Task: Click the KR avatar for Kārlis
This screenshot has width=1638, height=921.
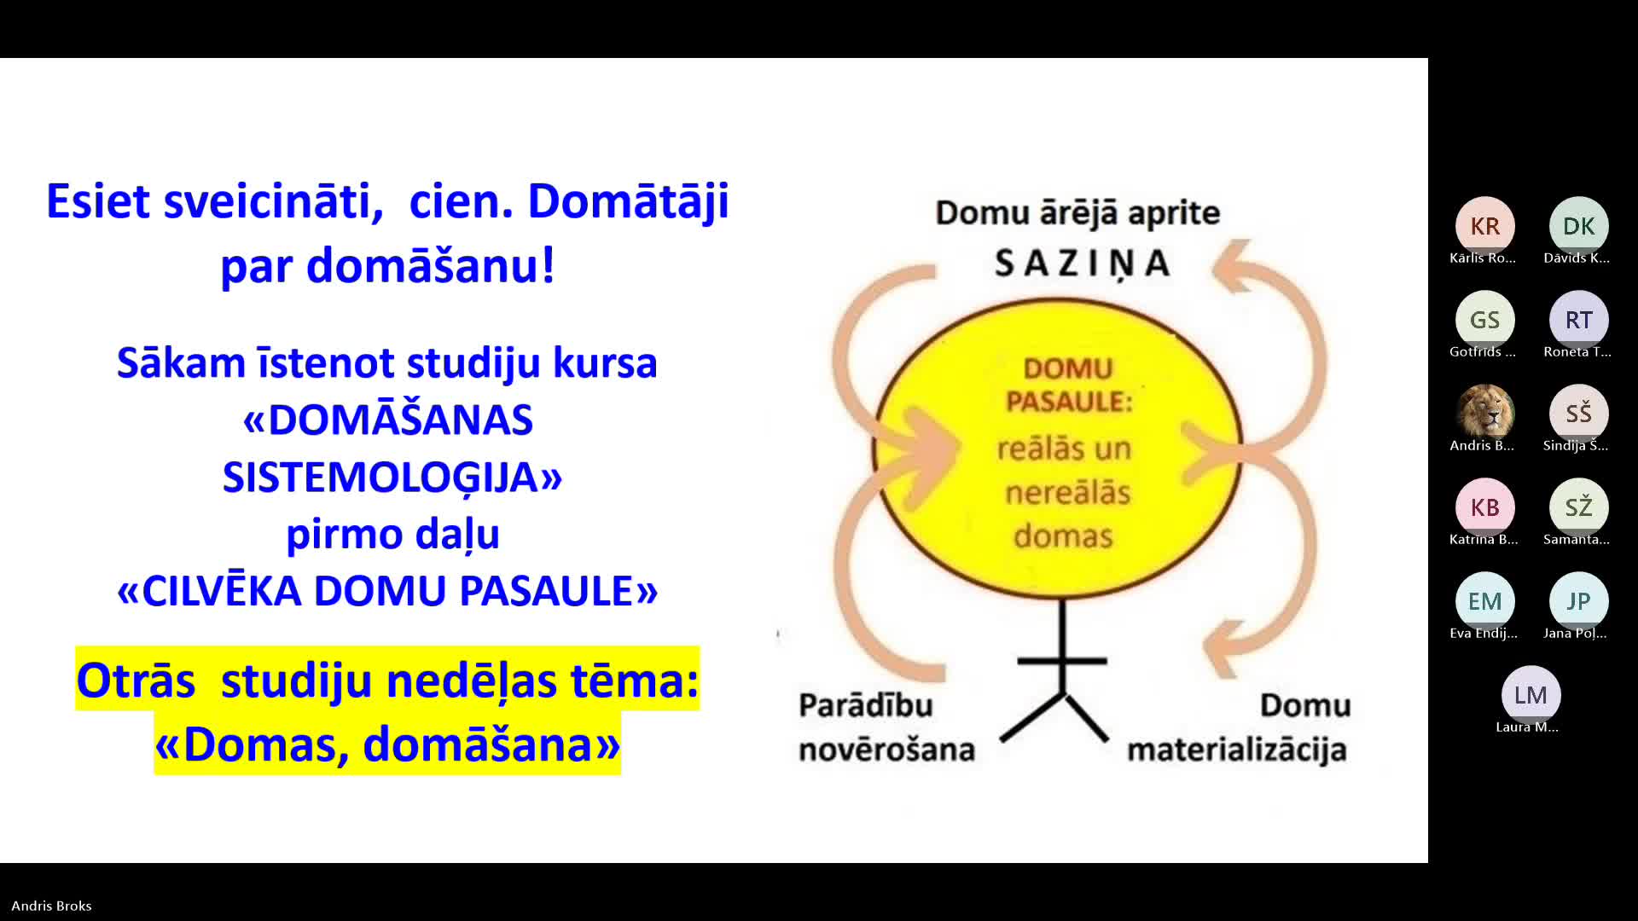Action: point(1484,226)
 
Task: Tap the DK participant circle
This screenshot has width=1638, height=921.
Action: point(1578,226)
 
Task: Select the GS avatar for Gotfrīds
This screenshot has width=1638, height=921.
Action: point(1484,320)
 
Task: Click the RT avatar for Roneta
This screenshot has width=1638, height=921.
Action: point(1578,320)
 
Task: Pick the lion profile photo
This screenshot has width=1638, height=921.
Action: point(1484,414)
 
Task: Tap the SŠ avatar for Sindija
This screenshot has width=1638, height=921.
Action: point(1578,414)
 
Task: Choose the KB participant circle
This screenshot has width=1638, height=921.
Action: point(1484,507)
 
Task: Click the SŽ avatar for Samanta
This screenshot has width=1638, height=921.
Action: point(1578,507)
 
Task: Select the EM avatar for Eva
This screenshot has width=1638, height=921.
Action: point(1484,601)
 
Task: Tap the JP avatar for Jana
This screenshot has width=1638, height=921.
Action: point(1578,601)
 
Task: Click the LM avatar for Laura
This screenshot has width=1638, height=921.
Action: point(1531,695)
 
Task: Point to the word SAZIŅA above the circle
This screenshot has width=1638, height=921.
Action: point(1083,264)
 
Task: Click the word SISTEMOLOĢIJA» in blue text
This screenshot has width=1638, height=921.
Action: point(392,478)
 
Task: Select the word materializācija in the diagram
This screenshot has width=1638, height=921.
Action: point(1237,750)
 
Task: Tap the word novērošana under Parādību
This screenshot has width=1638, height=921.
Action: point(886,750)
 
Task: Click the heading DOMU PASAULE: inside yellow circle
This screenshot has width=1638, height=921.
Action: point(1069,385)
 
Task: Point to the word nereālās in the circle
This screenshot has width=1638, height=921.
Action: point(1068,492)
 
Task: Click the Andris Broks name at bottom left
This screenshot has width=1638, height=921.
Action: point(51,906)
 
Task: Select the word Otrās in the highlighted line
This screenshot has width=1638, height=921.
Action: point(136,681)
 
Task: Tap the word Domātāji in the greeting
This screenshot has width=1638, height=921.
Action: point(628,203)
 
